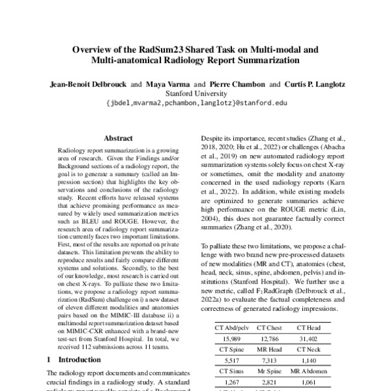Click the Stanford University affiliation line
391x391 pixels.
click(x=195, y=93)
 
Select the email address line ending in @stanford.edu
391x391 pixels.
click(x=195, y=103)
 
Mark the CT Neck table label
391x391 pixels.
click(x=310, y=349)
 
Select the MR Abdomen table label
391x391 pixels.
click(x=310, y=371)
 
